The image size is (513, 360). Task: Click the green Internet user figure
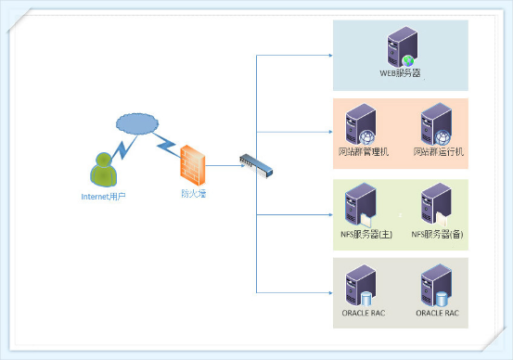103,170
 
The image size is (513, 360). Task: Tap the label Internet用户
103,197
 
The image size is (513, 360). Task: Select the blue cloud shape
137,124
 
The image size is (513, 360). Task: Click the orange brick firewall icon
193,165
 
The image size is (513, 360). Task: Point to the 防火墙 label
194,193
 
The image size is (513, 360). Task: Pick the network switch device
256,166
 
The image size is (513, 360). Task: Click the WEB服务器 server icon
402,46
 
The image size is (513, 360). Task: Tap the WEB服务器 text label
400,73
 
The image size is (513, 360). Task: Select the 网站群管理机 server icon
361,124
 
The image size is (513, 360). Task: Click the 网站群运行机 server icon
436,124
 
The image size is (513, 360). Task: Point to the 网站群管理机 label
364,151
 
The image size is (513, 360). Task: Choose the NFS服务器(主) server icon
360,205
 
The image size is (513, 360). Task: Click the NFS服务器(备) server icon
436,205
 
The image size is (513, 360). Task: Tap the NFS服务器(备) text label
437,234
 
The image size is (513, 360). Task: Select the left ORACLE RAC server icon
361,286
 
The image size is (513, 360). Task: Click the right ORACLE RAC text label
438,313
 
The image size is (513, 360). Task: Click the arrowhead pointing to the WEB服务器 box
330,56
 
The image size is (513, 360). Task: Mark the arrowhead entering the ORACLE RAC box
330,292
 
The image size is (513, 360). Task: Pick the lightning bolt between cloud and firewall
166,145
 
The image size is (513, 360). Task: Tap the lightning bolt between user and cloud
124,148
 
